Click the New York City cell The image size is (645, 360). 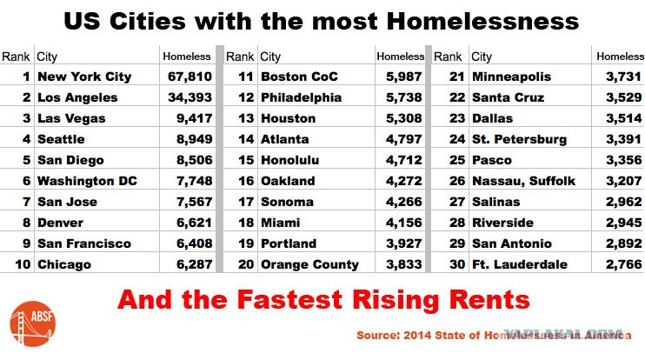coord(84,77)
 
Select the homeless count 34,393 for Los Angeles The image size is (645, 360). coord(190,97)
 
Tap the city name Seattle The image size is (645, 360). coord(61,139)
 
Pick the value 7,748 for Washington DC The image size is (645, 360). coord(194,181)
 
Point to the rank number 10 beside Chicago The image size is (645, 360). coord(23,264)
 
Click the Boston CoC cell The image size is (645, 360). coord(299,77)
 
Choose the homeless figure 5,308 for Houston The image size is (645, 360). coord(403,118)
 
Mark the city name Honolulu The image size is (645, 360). coord(289,160)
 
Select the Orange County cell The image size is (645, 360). coord(309,264)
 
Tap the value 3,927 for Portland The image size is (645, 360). coord(403,243)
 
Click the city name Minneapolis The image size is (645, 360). coord(511,77)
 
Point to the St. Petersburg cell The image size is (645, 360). coord(519,139)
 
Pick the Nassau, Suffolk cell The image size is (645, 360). coord(523,181)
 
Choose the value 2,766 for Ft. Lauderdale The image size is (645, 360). coord(623,264)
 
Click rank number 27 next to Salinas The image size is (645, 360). coord(457,202)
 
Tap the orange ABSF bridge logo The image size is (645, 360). coord(32,323)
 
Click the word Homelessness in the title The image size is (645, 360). coord(482,22)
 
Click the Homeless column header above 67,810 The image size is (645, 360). coord(187,57)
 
